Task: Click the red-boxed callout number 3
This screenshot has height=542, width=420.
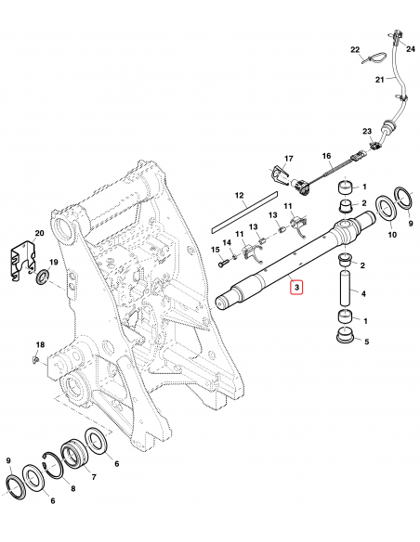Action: pos(296,289)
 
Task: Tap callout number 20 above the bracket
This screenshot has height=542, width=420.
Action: pos(38,233)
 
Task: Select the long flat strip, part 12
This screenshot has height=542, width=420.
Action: pos(243,213)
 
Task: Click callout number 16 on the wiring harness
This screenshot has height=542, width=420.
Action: pos(326,157)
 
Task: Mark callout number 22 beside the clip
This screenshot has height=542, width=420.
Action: pos(354,49)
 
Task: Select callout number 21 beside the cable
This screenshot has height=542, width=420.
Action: pos(378,81)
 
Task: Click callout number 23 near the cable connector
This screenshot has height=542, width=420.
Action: pos(366,131)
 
